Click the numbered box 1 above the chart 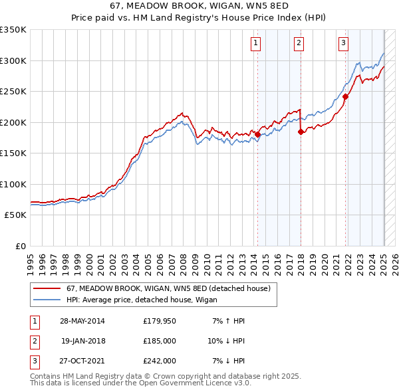(x=256, y=44)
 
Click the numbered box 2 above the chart (x=299, y=44)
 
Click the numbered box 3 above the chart (x=344, y=44)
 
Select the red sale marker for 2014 (x=257, y=134)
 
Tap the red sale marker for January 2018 (x=301, y=132)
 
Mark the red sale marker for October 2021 (x=345, y=96)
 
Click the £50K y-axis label (x=16, y=215)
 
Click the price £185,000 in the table (x=160, y=342)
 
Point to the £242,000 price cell (x=160, y=361)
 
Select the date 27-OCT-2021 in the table (x=82, y=361)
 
